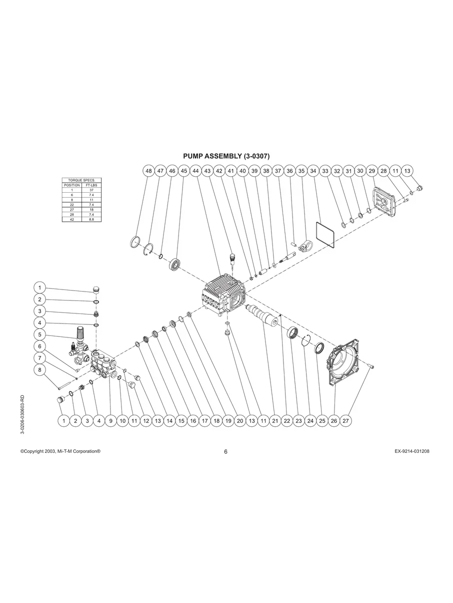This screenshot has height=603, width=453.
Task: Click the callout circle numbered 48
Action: (148, 171)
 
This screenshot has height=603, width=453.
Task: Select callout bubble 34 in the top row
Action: (313, 171)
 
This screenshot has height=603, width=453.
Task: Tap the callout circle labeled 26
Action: (334, 421)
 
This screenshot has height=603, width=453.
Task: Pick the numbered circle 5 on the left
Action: (40, 334)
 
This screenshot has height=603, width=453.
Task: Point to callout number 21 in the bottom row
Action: (275, 421)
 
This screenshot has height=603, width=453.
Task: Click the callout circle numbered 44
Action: (195, 171)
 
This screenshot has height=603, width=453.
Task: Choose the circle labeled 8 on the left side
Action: (40, 370)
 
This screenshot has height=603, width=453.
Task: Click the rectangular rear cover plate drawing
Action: (383, 203)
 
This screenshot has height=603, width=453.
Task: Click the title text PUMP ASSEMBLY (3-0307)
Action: (226, 156)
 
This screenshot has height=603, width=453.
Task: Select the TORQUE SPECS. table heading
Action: (81, 180)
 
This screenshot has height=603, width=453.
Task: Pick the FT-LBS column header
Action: (91, 185)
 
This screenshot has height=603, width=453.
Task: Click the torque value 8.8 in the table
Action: (91, 220)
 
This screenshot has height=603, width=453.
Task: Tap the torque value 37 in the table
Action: (91, 190)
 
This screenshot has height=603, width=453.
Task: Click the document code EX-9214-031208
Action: (411, 451)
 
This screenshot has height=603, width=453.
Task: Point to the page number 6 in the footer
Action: (226, 452)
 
